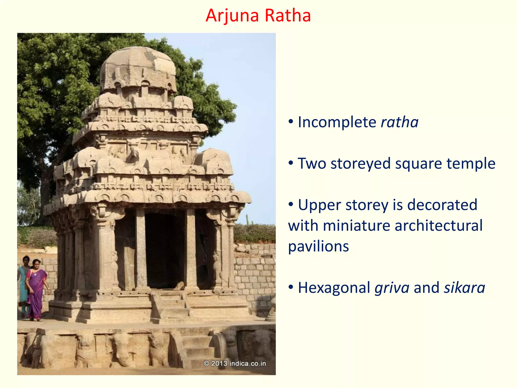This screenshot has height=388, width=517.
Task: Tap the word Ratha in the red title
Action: click(x=288, y=16)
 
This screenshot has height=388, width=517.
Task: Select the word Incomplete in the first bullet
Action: click(x=337, y=122)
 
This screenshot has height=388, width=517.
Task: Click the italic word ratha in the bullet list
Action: click(x=400, y=122)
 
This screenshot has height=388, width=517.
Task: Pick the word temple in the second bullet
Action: click(x=471, y=163)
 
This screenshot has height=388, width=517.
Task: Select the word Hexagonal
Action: click(x=334, y=288)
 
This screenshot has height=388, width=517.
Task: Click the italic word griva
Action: click(x=392, y=288)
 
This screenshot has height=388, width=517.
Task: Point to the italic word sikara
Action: click(x=464, y=288)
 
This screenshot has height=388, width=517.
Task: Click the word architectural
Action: click(x=438, y=225)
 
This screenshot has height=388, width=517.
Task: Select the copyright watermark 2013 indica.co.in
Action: click(x=235, y=363)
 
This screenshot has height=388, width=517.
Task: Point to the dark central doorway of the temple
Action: click(x=165, y=250)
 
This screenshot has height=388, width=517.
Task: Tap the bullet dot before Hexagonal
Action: click(x=291, y=287)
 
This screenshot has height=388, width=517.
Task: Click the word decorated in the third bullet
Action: click(x=442, y=205)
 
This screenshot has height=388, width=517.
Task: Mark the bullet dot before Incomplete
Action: click(x=291, y=122)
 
